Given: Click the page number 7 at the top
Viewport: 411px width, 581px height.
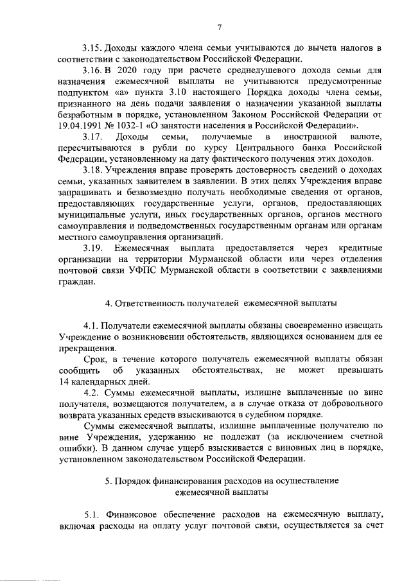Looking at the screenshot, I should tap(219, 27).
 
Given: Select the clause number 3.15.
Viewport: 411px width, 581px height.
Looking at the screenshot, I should tap(94, 48).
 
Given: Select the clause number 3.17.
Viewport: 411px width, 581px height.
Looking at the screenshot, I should tap(94, 137).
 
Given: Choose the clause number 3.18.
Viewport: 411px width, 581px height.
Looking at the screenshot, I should tap(94, 170).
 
